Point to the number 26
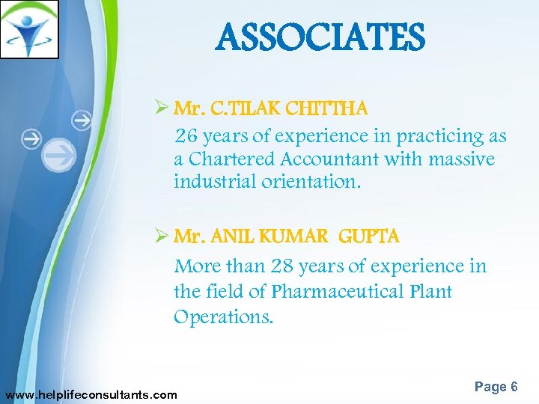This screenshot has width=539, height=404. pos(186,136)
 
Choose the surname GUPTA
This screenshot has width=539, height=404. pos(369,237)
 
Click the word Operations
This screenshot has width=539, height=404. pos(223,316)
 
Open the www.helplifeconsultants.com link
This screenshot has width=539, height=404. pos(91,394)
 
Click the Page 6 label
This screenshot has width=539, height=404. pos(496,387)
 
